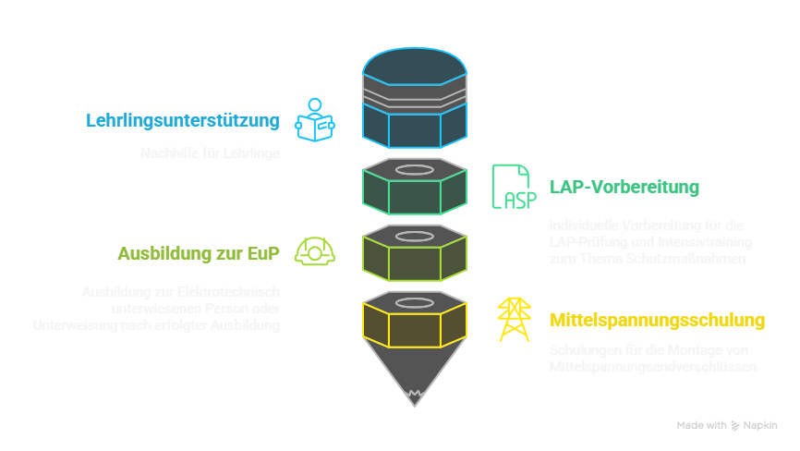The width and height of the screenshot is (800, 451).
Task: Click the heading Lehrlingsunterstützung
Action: [x=183, y=121]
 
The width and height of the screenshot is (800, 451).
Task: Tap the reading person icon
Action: [x=314, y=120]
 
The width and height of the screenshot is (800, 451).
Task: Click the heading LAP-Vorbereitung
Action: [x=624, y=188]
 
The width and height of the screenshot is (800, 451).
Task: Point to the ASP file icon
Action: [x=512, y=187]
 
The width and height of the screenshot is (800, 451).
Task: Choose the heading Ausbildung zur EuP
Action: [x=202, y=253]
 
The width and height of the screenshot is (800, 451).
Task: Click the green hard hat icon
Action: [x=314, y=251]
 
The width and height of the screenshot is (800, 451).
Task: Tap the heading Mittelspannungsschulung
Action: [x=658, y=321]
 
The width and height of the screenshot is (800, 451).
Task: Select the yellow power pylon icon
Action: [x=514, y=320]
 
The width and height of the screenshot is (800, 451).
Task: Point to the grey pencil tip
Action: [x=414, y=373]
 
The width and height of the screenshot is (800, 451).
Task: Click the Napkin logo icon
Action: [x=736, y=425]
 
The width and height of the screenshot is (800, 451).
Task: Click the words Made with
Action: [x=701, y=425]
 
